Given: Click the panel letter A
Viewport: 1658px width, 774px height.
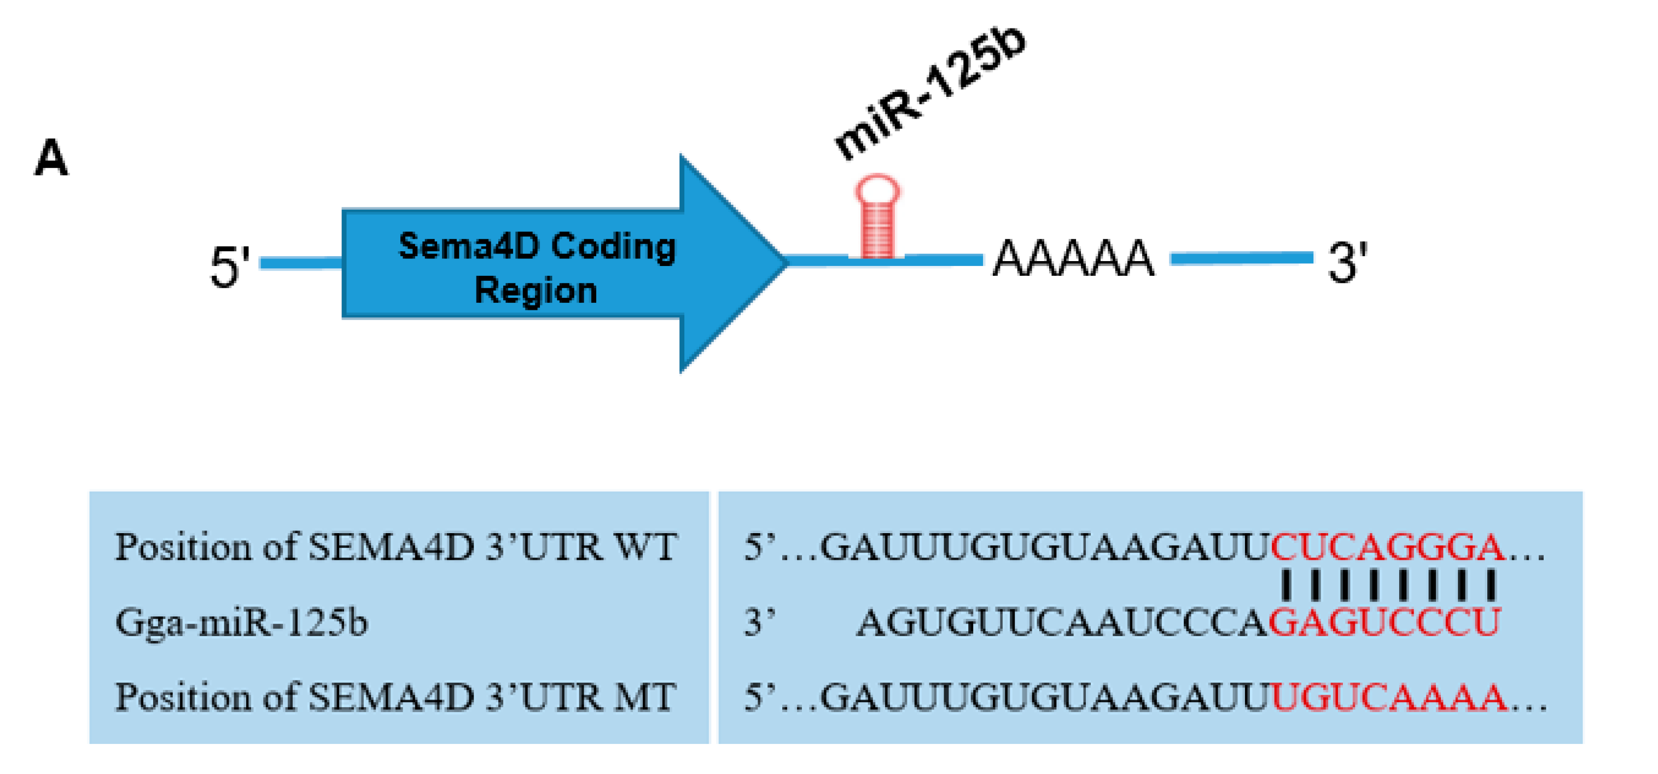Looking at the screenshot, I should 51,158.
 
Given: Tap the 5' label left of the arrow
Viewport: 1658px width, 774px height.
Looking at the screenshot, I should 229,267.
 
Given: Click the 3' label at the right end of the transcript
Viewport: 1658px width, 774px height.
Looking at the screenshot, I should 1347,263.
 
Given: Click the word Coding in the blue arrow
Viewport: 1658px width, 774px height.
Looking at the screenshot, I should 613,247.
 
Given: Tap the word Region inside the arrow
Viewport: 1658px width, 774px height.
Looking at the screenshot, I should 536,291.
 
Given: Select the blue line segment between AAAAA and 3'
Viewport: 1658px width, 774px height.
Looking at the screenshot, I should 1241,258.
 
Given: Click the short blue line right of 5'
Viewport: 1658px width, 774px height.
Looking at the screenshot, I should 300,263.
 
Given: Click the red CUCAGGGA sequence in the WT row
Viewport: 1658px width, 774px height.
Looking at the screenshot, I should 1388,548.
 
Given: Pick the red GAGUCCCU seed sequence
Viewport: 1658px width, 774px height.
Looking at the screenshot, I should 1384,623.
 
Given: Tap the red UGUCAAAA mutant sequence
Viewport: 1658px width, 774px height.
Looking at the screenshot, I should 1389,697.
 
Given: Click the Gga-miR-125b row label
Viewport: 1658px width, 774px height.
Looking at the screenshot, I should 241,623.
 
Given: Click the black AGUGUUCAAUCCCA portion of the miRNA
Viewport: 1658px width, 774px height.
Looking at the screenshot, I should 1061,623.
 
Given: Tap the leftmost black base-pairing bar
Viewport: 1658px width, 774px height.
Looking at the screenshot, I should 1286,585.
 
